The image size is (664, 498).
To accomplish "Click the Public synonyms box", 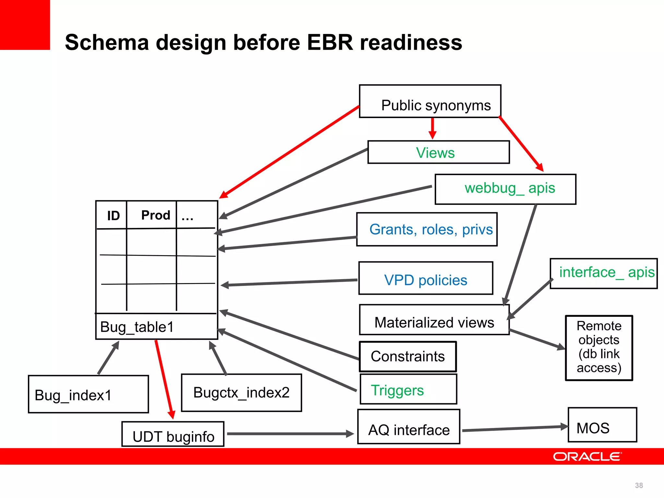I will point(430,101).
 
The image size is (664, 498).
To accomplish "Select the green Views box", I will point(438,152).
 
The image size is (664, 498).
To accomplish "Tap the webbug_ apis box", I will point(505,189).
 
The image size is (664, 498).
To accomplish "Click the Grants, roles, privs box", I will point(427,229).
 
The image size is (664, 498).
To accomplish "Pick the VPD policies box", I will point(425,278).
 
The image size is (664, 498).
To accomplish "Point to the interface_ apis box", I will point(603,273).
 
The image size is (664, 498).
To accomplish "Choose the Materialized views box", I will point(434,320).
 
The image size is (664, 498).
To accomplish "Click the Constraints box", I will point(408,357).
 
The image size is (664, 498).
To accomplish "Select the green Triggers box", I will point(408,389).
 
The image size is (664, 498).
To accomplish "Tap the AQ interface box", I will point(409,427).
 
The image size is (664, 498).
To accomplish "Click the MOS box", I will point(602,425).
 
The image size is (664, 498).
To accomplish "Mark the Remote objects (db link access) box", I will point(599,348).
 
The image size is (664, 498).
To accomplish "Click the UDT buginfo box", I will point(173,434).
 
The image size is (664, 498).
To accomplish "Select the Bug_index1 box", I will point(88,394).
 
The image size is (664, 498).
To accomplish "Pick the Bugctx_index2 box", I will point(241,393).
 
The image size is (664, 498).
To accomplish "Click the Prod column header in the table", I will point(156,215).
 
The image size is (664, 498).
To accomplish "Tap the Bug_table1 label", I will point(137,327).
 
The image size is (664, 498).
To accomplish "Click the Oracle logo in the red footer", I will point(587,456).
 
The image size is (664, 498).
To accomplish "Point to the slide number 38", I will point(639,485).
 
